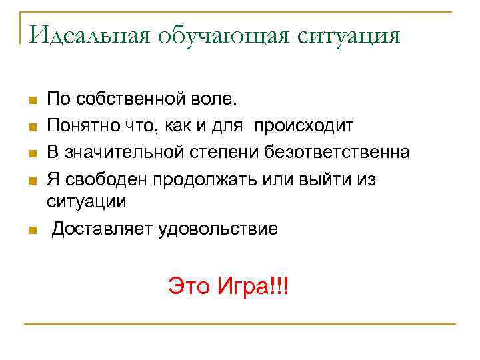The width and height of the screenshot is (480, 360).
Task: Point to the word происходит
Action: [307, 126]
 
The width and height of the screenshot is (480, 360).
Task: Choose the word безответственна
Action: [339, 152]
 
